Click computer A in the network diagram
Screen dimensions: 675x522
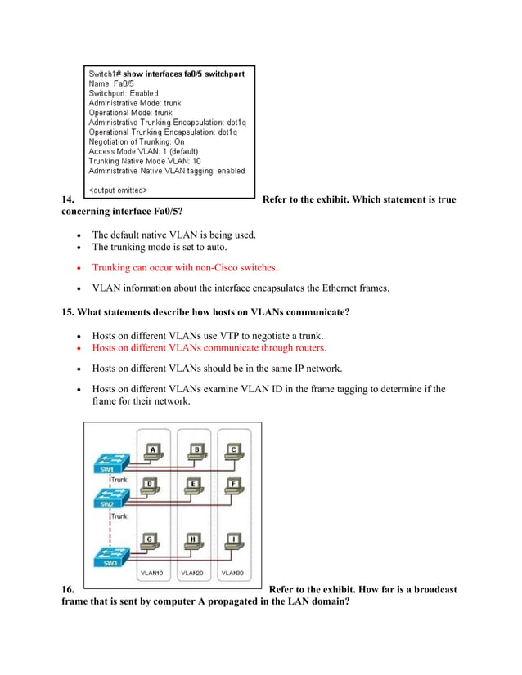(x=151, y=451)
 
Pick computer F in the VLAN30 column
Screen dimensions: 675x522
(x=234, y=485)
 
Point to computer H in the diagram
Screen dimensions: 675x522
(x=193, y=541)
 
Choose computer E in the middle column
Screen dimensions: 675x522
(x=193, y=485)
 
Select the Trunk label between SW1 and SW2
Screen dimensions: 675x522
(x=119, y=480)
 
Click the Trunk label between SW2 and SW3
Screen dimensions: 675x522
(x=119, y=516)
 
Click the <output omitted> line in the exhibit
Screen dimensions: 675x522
(x=119, y=190)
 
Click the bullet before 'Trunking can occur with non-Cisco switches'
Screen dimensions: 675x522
(x=78, y=267)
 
